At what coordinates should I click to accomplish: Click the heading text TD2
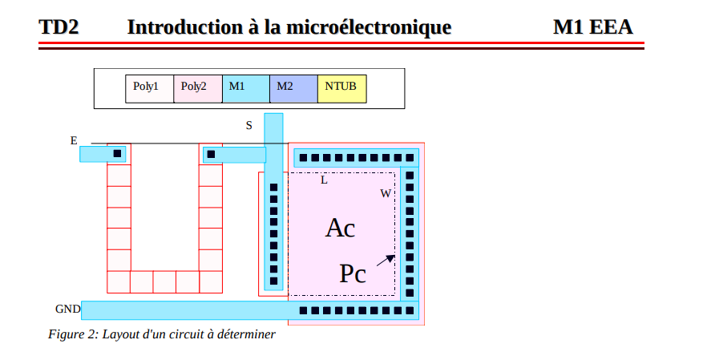click(59, 27)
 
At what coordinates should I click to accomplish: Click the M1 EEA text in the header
click(592, 27)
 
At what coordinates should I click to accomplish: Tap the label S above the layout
click(248, 125)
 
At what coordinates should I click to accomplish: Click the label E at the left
click(74, 140)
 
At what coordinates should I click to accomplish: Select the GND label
click(67, 309)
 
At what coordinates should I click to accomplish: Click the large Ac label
click(340, 228)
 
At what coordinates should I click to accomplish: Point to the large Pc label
click(353, 274)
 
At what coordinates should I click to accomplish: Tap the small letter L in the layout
click(324, 180)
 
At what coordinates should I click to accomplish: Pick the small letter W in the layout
click(386, 193)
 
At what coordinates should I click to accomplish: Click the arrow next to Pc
click(386, 260)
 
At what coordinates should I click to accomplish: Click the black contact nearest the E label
click(117, 153)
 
